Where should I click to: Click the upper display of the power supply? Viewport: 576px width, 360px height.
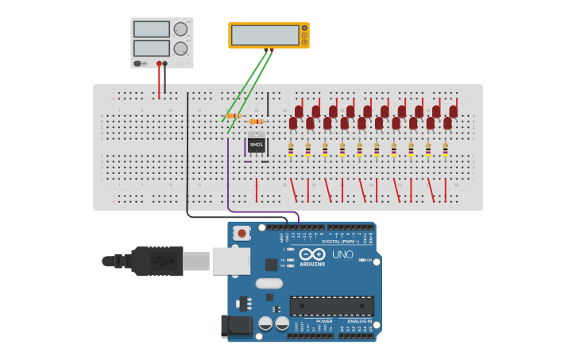coord(152,29)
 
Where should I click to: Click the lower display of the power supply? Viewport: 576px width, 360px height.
coord(152,48)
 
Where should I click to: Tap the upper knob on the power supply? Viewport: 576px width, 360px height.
coord(180,29)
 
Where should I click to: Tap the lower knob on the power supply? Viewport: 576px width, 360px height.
coord(180,48)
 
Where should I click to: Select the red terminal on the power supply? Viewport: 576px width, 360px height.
coord(159,64)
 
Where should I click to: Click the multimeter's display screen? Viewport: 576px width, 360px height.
coord(264,35)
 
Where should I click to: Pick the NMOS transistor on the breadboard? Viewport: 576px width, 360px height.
coord(256,145)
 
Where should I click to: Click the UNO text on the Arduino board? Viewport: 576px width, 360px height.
coord(342,254)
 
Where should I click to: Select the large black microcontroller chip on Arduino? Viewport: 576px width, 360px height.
coord(331,306)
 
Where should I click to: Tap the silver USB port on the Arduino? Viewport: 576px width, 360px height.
coord(231,261)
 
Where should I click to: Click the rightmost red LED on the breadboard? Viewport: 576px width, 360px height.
coord(454,111)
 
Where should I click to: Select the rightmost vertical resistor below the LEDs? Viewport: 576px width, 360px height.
coord(446,149)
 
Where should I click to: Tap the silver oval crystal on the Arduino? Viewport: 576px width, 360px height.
coord(269,283)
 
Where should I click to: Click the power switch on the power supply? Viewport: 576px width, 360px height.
coord(138,64)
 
